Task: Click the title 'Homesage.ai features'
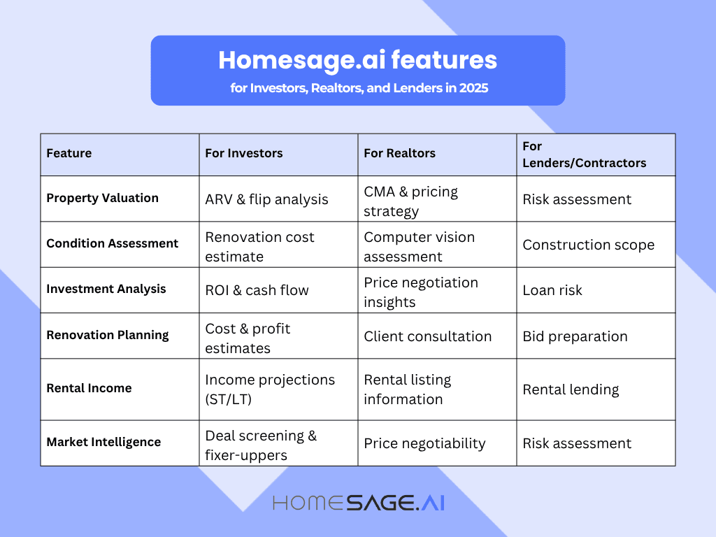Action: tap(357, 60)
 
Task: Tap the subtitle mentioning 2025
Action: tap(357, 89)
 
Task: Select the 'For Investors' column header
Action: tap(244, 153)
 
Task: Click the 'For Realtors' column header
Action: tap(399, 153)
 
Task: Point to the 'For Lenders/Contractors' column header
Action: tap(584, 155)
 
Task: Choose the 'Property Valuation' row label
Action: tap(102, 198)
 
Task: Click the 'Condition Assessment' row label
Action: tap(112, 243)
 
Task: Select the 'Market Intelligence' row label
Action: tap(103, 442)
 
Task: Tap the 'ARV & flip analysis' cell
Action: tap(266, 199)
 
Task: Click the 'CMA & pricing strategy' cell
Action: tap(410, 201)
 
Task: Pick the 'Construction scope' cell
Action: tap(588, 245)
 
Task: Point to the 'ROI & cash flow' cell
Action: tap(257, 290)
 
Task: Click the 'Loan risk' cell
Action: tap(552, 290)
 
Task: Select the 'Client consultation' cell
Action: tap(427, 336)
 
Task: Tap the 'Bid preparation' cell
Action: tap(575, 336)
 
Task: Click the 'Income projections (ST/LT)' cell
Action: tap(270, 389)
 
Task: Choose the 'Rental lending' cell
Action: tap(571, 389)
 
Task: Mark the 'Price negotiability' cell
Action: tap(424, 443)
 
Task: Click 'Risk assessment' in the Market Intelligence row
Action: tap(577, 443)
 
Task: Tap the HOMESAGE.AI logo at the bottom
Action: tap(358, 503)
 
